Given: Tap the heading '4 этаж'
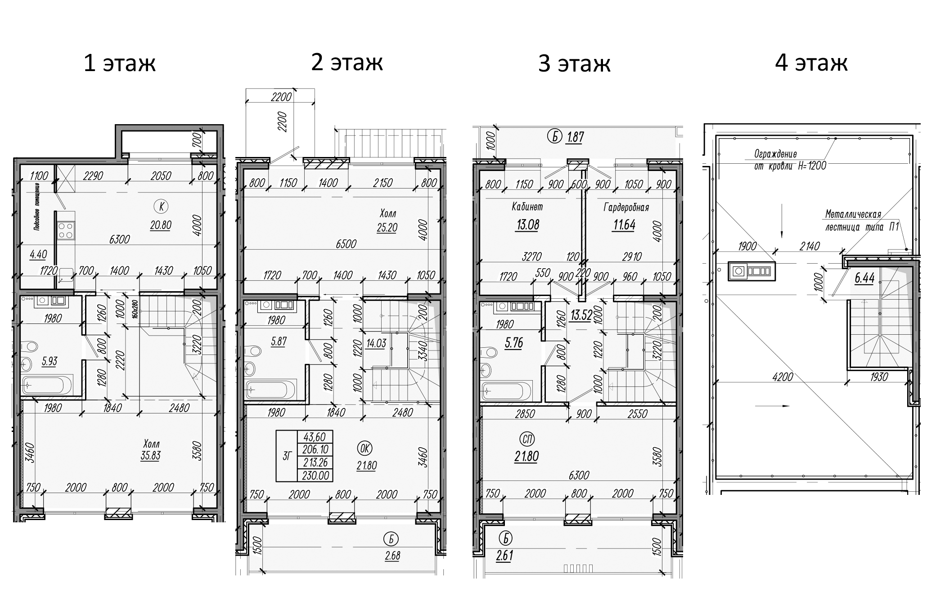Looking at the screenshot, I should [x=811, y=63].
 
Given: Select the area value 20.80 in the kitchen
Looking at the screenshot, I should [x=160, y=225].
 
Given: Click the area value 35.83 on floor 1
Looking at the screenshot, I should [x=150, y=455].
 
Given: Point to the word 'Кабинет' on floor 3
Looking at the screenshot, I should [x=527, y=206].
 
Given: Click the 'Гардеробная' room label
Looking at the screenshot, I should [x=625, y=207].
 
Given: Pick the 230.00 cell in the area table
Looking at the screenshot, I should [x=315, y=476].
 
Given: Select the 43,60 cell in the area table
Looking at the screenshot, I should [x=315, y=437].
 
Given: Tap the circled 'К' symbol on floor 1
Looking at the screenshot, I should [x=161, y=206].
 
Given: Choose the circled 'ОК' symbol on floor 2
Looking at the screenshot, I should [x=365, y=448].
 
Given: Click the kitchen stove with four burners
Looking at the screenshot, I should [x=66, y=231].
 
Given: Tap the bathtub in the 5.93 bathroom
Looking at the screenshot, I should [x=46, y=385].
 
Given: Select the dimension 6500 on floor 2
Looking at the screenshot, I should [x=346, y=244].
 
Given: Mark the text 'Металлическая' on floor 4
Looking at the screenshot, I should [x=853, y=215].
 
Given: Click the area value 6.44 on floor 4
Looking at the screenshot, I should [x=864, y=278].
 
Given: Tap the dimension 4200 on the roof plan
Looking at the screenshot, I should [x=782, y=377].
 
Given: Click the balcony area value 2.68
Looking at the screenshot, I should [x=392, y=555].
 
